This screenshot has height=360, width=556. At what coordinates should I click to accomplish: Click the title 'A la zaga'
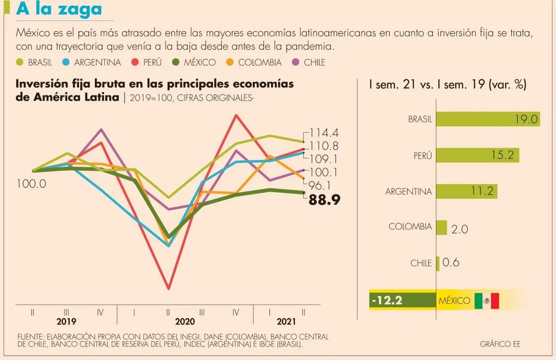point(59,9)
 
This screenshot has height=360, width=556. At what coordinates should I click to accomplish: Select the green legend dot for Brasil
point(20,62)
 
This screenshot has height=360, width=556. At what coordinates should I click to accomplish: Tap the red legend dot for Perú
point(134,62)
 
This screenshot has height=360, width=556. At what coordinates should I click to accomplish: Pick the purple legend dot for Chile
point(296,62)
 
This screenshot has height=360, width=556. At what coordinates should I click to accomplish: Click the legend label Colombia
point(259,63)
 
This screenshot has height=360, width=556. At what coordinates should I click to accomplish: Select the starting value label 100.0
point(31,184)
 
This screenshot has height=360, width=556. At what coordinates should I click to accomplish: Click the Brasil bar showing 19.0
point(488,119)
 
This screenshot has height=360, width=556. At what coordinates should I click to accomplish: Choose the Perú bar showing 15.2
point(478,155)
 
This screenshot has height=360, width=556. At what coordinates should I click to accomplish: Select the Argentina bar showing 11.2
point(467,191)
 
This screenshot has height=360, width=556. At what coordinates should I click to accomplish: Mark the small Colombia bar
point(441,227)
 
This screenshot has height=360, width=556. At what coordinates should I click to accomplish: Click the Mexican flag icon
point(486,300)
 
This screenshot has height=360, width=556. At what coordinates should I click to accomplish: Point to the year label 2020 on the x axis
point(185,321)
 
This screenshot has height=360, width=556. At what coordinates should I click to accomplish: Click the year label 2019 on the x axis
point(66,321)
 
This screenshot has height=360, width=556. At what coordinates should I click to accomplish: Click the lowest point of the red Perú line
point(169,288)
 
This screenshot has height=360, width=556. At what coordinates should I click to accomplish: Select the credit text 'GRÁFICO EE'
point(500,344)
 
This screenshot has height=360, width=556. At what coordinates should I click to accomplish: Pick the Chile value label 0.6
point(451,262)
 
